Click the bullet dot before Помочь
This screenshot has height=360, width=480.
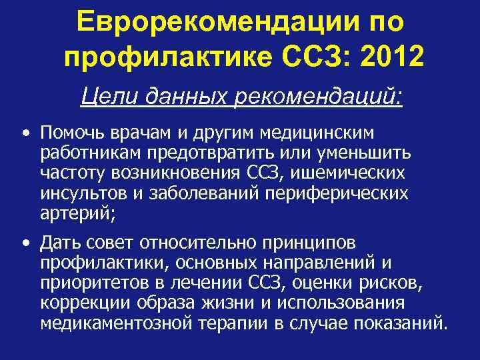pos(25,133)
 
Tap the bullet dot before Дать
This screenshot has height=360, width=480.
pos(25,242)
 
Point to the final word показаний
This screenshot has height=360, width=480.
pos(399,325)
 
